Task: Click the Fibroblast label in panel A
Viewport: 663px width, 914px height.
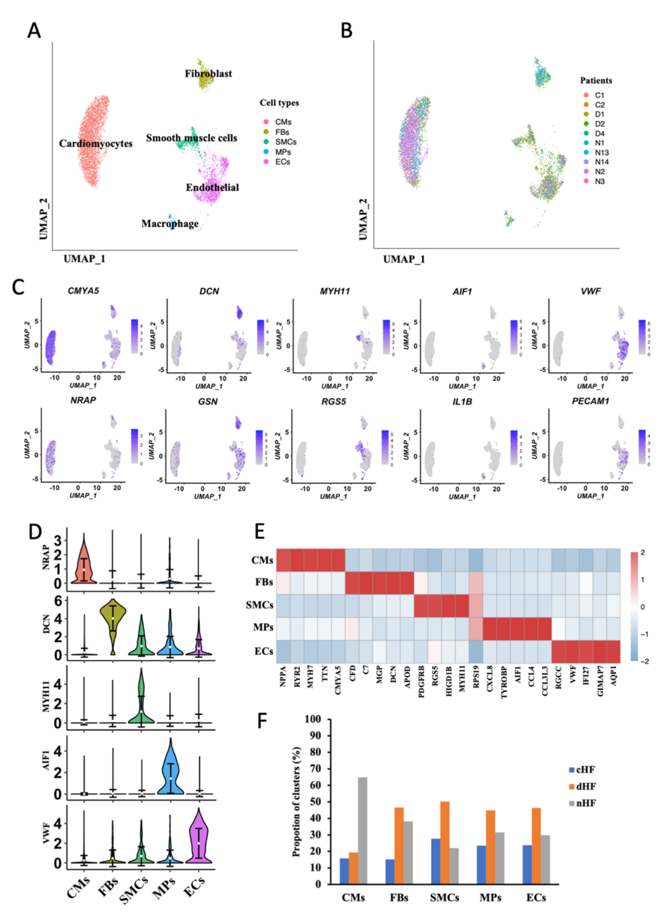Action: tap(208, 73)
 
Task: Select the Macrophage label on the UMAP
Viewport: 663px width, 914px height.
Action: tap(170, 224)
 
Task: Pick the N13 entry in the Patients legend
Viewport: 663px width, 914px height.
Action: tap(601, 152)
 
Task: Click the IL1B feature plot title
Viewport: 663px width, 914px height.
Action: tap(462, 402)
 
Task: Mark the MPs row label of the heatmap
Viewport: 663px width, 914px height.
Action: tap(263, 627)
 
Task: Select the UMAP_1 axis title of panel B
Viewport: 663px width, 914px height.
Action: tap(404, 259)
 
